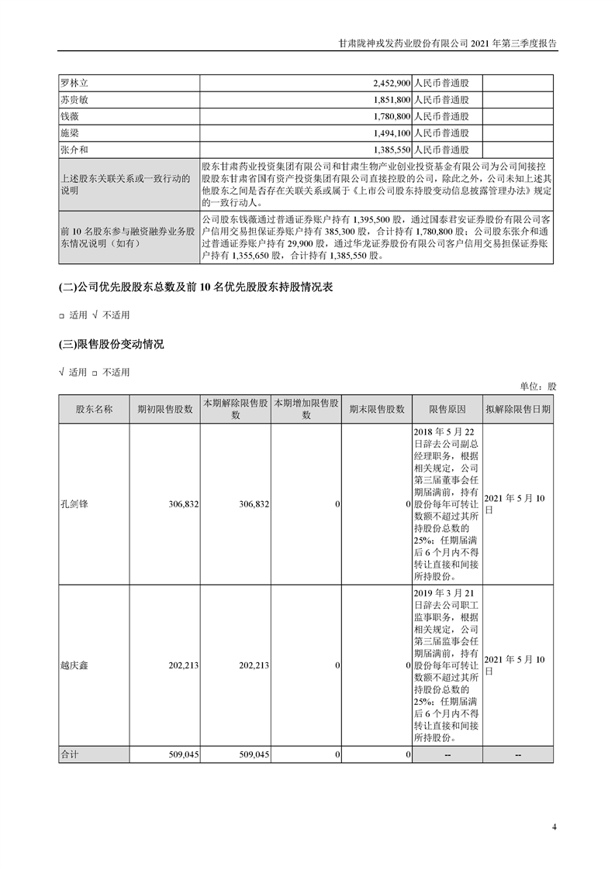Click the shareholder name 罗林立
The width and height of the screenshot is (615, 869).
tap(75, 82)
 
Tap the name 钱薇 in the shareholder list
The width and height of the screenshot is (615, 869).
tap(70, 116)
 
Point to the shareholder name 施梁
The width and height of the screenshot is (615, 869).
tap(70, 133)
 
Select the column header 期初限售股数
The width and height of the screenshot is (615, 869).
tap(164, 410)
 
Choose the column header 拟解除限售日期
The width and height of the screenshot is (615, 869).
tap(518, 410)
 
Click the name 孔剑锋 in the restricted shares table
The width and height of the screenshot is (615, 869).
tap(74, 504)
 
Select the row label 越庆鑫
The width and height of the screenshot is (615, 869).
tap(74, 666)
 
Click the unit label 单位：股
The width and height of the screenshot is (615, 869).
tap(537, 386)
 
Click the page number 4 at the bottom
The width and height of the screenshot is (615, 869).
tap(555, 826)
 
